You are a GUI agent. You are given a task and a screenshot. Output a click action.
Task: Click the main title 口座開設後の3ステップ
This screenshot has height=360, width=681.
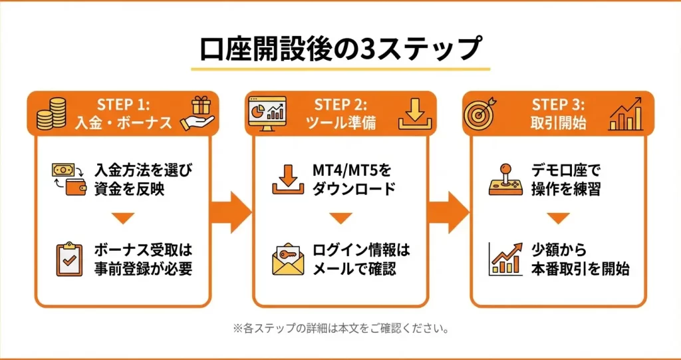point(340,49)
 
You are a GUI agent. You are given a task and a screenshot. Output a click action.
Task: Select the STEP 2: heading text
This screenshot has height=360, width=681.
point(340,104)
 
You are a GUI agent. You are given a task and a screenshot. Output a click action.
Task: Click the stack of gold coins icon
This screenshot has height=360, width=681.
point(54,113)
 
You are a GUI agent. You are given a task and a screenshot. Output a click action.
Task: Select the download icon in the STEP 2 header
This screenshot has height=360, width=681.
point(416,114)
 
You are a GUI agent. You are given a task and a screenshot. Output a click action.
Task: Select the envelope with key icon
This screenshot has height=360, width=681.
point(288,260)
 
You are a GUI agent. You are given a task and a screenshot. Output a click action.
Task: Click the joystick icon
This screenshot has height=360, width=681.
point(505,180)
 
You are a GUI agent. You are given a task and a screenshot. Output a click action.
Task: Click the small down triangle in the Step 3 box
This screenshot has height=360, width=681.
point(558,218)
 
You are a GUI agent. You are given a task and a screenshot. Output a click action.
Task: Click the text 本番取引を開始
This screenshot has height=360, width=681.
point(580,270)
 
